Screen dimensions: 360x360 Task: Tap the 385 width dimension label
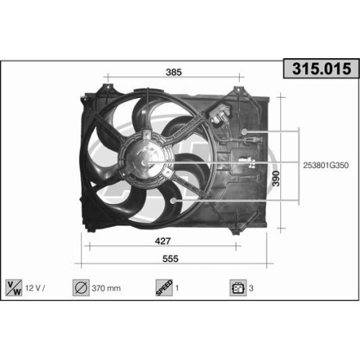pyautogui.click(x=174, y=72)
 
